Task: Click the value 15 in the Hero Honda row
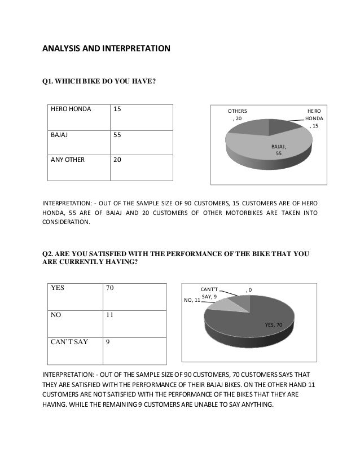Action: point(117,111)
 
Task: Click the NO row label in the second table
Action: point(56,316)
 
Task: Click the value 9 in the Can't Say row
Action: point(108,341)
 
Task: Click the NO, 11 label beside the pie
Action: point(192,300)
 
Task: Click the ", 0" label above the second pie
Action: point(249,290)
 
